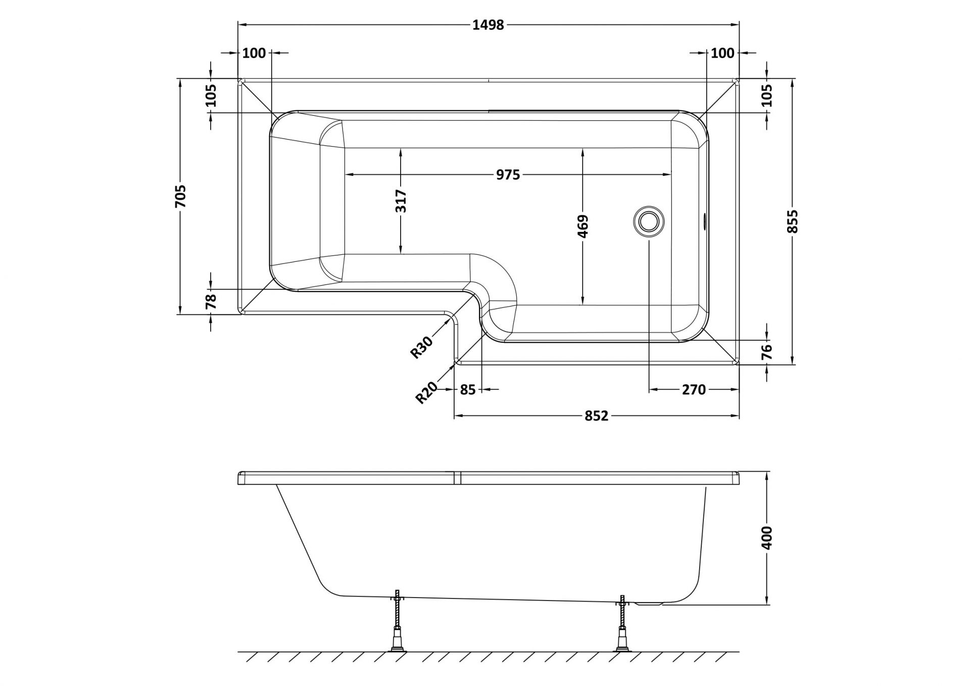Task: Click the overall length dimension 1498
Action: [488, 25]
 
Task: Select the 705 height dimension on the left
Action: [180, 196]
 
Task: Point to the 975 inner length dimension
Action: [508, 175]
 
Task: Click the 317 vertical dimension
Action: [401, 201]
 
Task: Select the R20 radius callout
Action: [427, 393]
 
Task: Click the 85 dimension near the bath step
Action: [468, 390]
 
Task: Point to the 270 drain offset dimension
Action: [693, 390]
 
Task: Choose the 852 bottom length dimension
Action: [596, 416]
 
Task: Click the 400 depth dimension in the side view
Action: [767, 538]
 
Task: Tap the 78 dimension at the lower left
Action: [211, 301]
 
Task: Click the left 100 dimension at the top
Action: [254, 53]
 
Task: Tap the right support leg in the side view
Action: [621, 627]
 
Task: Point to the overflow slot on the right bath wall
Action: [704, 221]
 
